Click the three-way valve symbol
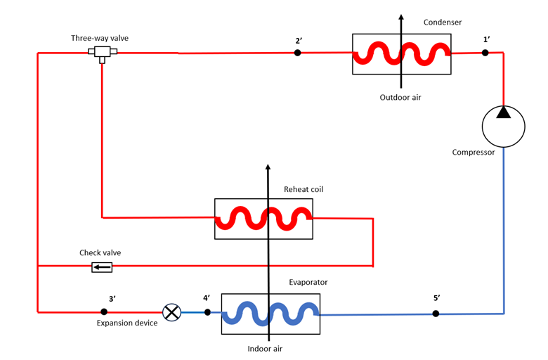click(102, 53)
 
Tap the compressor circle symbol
click(503, 127)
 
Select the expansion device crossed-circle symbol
click(171, 312)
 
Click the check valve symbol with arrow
click(102, 266)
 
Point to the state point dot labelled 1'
click(485, 53)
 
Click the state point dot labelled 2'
click(298, 53)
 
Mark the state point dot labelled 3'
click(104, 311)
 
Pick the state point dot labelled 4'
click(207, 312)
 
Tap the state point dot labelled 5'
click(436, 314)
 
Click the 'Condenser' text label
click(443, 22)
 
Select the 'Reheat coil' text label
click(304, 189)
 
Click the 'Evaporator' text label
click(308, 283)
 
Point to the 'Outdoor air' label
click(400, 97)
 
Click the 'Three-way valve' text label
click(100, 38)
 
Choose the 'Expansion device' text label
click(128, 323)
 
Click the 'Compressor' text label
click(474, 153)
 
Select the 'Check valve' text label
click(100, 253)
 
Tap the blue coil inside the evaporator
click(270, 314)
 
